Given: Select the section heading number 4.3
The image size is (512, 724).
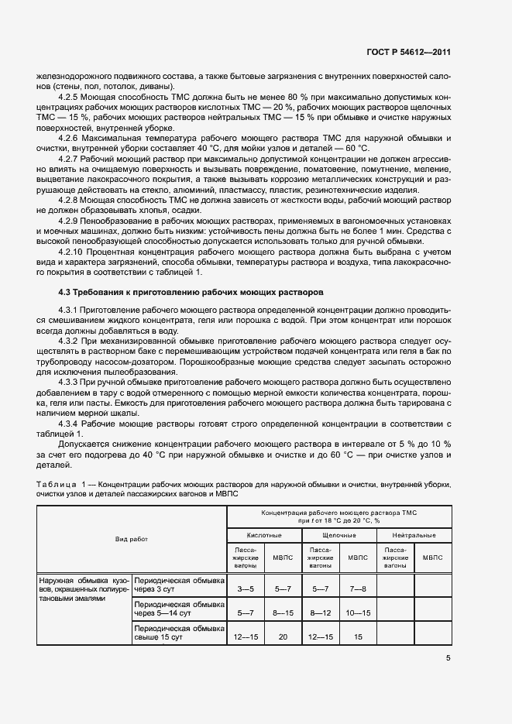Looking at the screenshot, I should click(64, 291).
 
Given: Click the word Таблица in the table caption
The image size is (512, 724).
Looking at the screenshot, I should click(56, 484).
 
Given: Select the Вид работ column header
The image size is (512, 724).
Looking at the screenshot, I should click(132, 538).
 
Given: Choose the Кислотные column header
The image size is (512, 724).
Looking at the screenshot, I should click(263, 535).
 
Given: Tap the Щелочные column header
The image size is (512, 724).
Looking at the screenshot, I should click(338, 535).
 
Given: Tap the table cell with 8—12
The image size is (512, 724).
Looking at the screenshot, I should click(320, 612).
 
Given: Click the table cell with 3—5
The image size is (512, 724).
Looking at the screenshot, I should click(246, 588).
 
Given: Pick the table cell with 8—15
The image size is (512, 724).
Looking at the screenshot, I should click(283, 612).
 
